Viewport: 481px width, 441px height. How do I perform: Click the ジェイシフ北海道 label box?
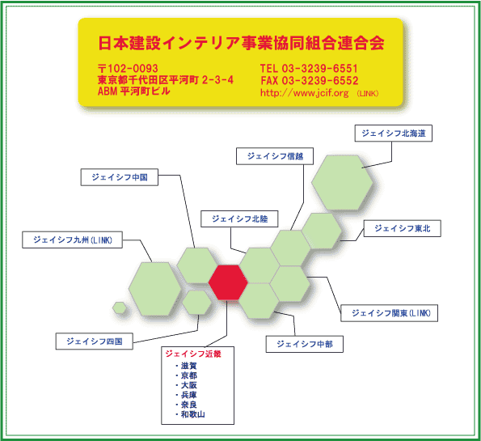click(393, 134)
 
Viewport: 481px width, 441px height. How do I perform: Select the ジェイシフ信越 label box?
click(275, 156)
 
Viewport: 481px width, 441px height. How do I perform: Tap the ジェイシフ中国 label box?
click(120, 177)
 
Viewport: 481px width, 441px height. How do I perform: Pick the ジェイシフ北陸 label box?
click(239, 219)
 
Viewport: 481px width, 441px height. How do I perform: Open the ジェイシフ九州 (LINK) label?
click(73, 240)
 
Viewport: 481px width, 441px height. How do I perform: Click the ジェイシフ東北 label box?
click(402, 228)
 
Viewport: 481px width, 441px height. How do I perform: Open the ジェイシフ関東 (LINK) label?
click(390, 313)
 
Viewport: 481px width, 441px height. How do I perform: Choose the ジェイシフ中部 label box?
click(304, 344)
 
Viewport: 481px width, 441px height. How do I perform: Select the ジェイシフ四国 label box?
click(94, 341)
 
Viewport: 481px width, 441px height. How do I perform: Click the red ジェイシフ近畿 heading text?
click(193, 354)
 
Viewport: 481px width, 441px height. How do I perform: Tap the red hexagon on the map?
click(228, 282)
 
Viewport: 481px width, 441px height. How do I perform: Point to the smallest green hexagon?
click(120, 307)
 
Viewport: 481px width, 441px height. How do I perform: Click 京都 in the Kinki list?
click(189, 375)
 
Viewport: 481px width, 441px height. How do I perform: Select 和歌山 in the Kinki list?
click(193, 414)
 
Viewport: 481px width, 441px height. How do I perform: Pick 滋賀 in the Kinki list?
click(189, 366)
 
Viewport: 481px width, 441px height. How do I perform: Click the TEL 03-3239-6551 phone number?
click(309, 68)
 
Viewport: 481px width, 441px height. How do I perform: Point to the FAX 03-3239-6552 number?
click(310, 80)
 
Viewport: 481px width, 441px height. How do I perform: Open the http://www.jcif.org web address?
click(304, 93)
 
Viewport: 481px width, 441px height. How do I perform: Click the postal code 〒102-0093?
click(128, 68)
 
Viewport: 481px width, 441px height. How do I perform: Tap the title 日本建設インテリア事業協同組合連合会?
click(241, 43)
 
